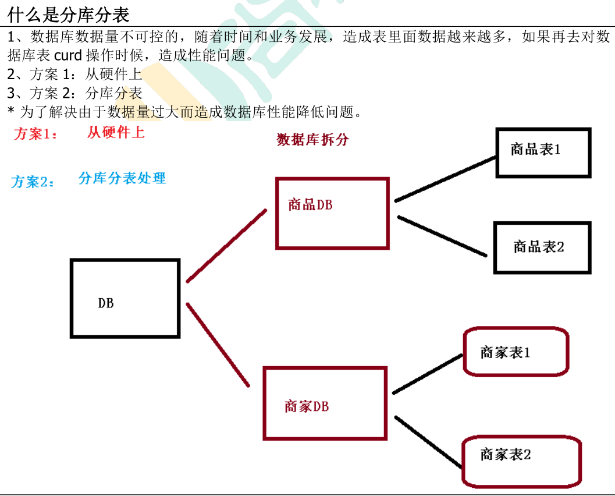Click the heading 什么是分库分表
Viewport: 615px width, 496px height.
(x=68, y=13)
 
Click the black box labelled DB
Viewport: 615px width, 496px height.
(x=125, y=298)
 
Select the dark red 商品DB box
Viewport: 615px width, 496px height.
(x=332, y=213)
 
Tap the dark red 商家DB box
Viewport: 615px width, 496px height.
(x=325, y=402)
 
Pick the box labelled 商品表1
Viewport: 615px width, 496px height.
(x=542, y=152)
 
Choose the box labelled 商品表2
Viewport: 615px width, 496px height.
(x=542, y=247)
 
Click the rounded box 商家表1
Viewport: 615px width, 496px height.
(x=515, y=352)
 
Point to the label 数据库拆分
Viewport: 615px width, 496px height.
(x=312, y=140)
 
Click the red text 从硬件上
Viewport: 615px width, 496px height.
(x=116, y=133)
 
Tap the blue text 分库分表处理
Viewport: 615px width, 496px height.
(x=122, y=178)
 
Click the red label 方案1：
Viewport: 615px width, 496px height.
(x=35, y=134)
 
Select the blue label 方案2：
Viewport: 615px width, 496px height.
(x=33, y=182)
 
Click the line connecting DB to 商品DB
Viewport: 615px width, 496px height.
(x=226, y=246)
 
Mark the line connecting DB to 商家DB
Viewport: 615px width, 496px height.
(x=218, y=344)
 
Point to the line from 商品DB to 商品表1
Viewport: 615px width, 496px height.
(x=445, y=179)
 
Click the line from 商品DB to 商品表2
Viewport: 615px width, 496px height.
(x=442, y=236)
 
